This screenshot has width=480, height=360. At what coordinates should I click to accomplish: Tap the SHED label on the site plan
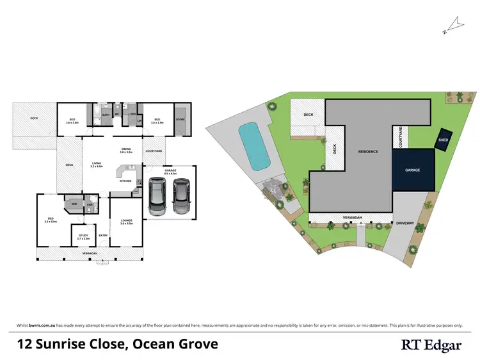443,140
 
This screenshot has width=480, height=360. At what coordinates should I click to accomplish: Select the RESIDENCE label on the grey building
367,152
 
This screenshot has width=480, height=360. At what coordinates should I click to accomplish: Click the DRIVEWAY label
406,223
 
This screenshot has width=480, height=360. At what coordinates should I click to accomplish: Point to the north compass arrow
456,24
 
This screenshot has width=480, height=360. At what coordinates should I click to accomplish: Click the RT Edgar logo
431,345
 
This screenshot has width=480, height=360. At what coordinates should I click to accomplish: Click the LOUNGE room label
126,220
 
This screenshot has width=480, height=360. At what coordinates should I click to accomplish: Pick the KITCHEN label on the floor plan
125,181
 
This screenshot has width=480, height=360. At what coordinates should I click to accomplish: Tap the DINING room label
126,150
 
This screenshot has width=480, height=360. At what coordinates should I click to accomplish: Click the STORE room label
180,119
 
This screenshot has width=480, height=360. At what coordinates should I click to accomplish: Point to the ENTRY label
103,235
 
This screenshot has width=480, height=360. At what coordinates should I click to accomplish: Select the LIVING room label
97,163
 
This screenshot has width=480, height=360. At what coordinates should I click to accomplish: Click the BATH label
106,115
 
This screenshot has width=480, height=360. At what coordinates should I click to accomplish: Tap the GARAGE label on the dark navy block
412,171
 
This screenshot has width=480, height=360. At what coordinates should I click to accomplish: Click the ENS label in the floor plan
90,205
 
